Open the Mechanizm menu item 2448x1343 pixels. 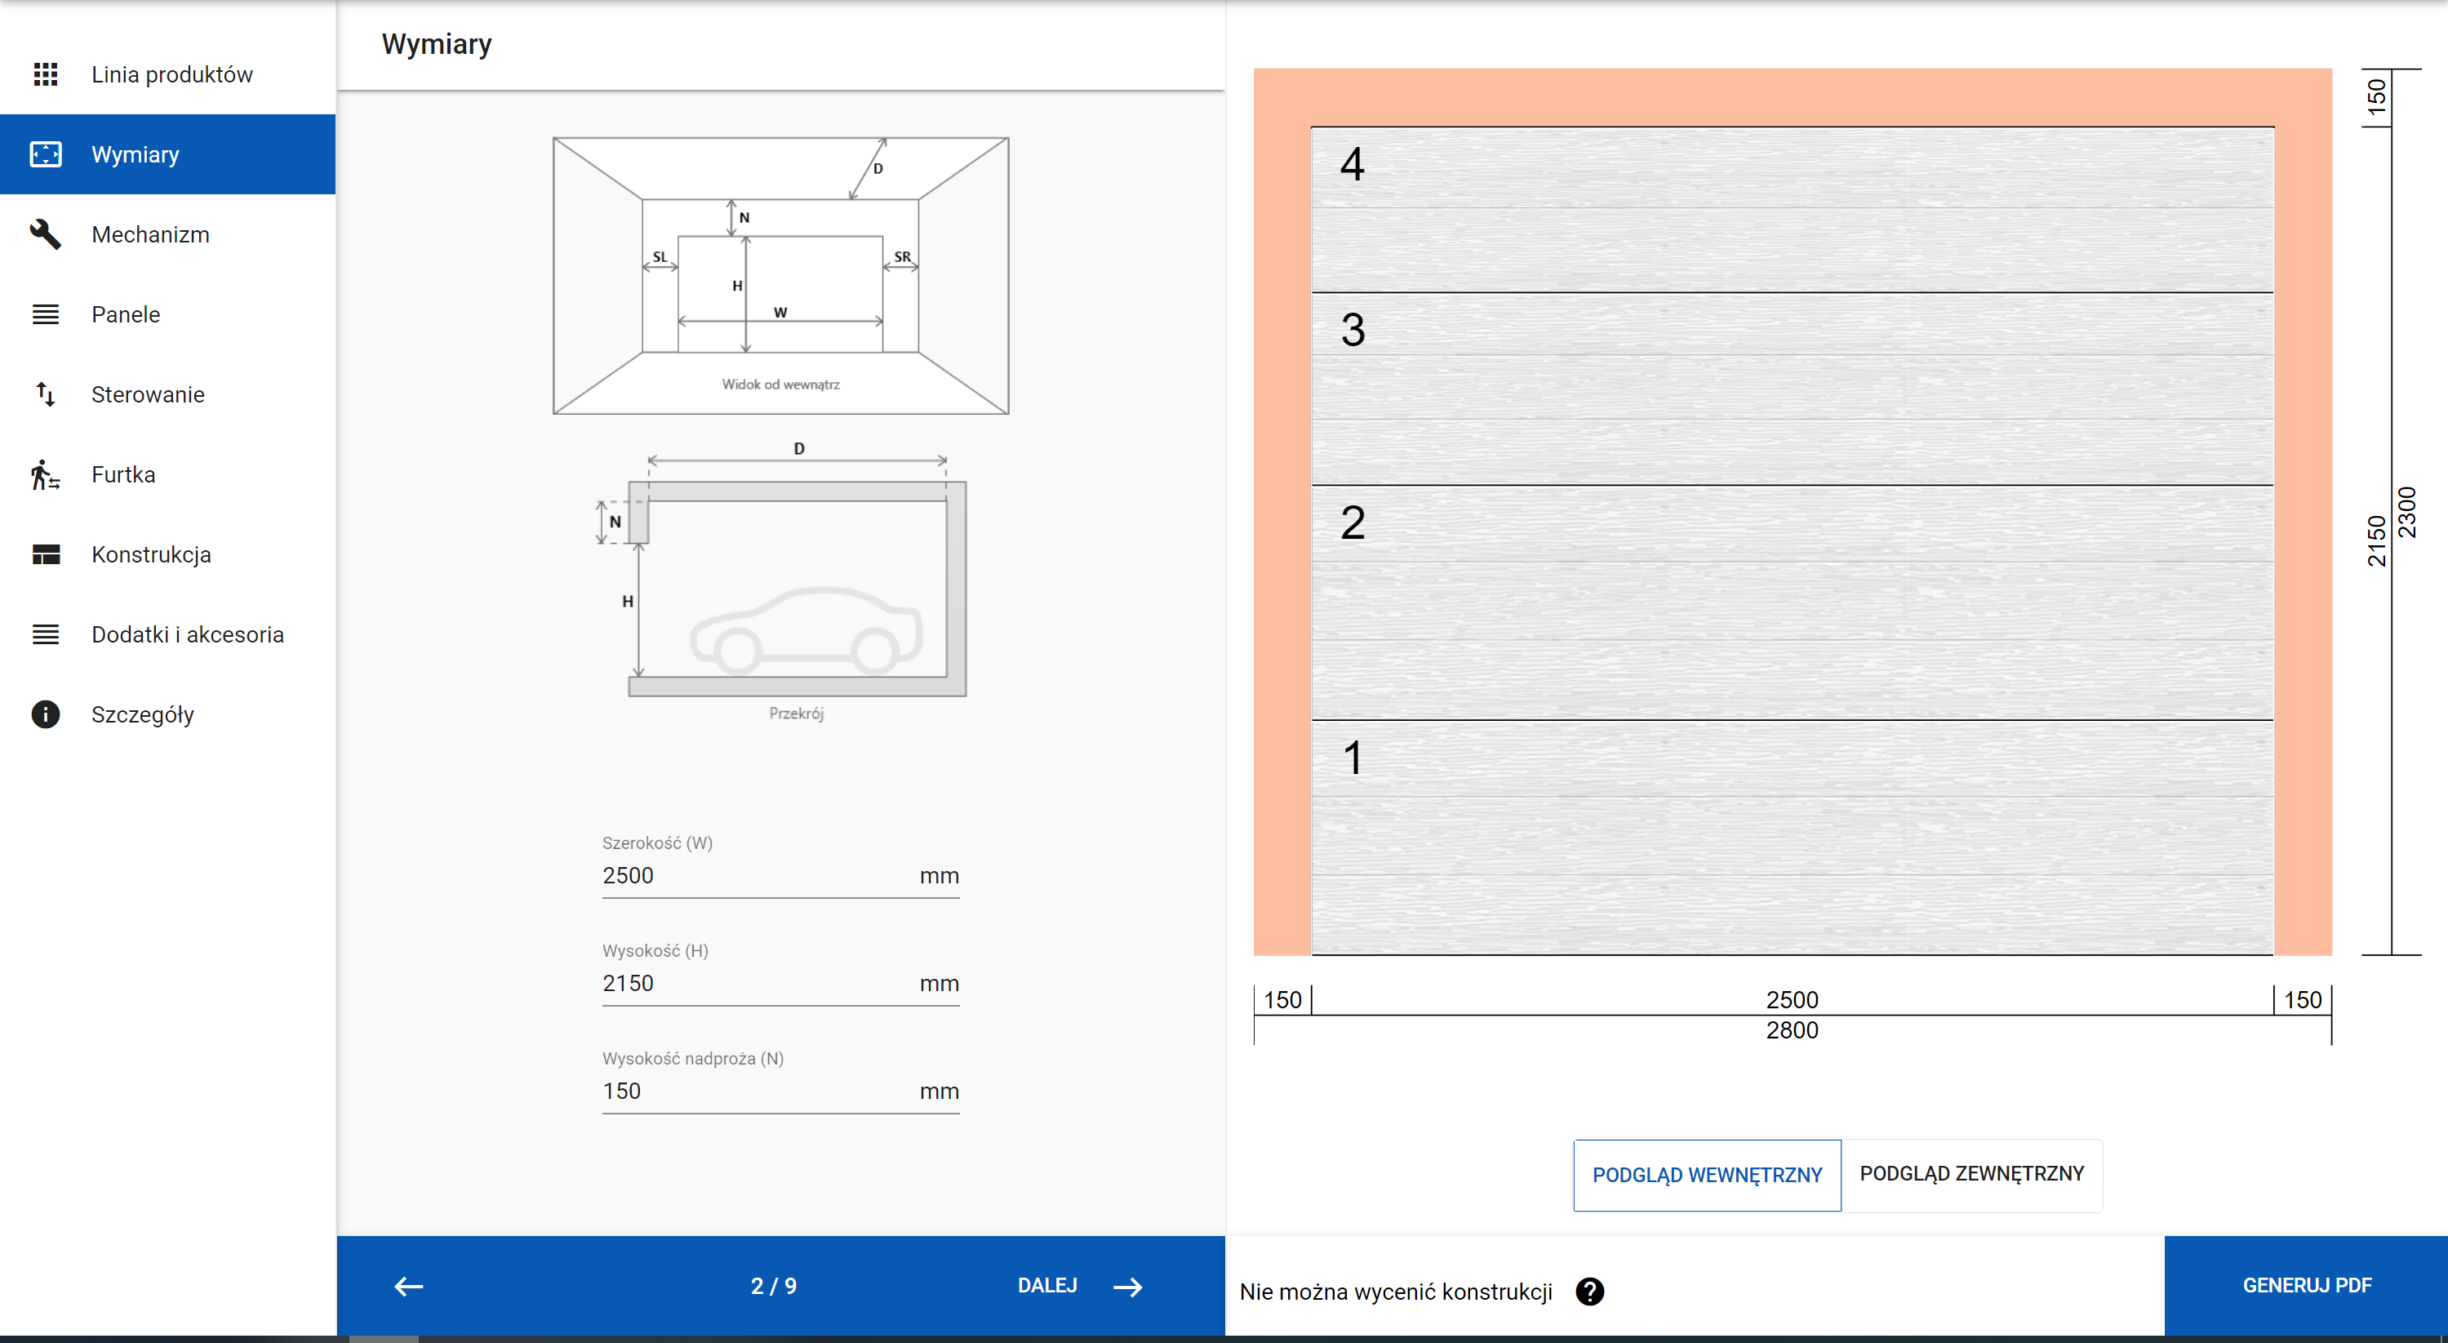click(150, 235)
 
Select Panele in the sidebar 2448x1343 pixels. click(126, 314)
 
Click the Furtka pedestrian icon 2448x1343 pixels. click(45, 474)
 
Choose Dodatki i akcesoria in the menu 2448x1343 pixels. click(187, 634)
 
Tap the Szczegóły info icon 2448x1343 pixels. click(45, 714)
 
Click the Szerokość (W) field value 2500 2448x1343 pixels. click(629, 875)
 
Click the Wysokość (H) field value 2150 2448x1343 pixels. click(629, 983)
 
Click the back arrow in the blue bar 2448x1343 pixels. click(409, 1286)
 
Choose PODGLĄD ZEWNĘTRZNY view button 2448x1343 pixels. click(1971, 1174)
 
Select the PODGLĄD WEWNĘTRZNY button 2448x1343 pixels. click(1707, 1175)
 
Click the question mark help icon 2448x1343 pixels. click(1590, 1292)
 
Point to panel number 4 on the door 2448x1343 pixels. click(1353, 163)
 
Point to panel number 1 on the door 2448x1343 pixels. click(1353, 758)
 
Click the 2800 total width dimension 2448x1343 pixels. click(1792, 1030)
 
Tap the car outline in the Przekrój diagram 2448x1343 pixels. click(806, 629)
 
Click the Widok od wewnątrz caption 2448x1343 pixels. click(780, 384)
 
